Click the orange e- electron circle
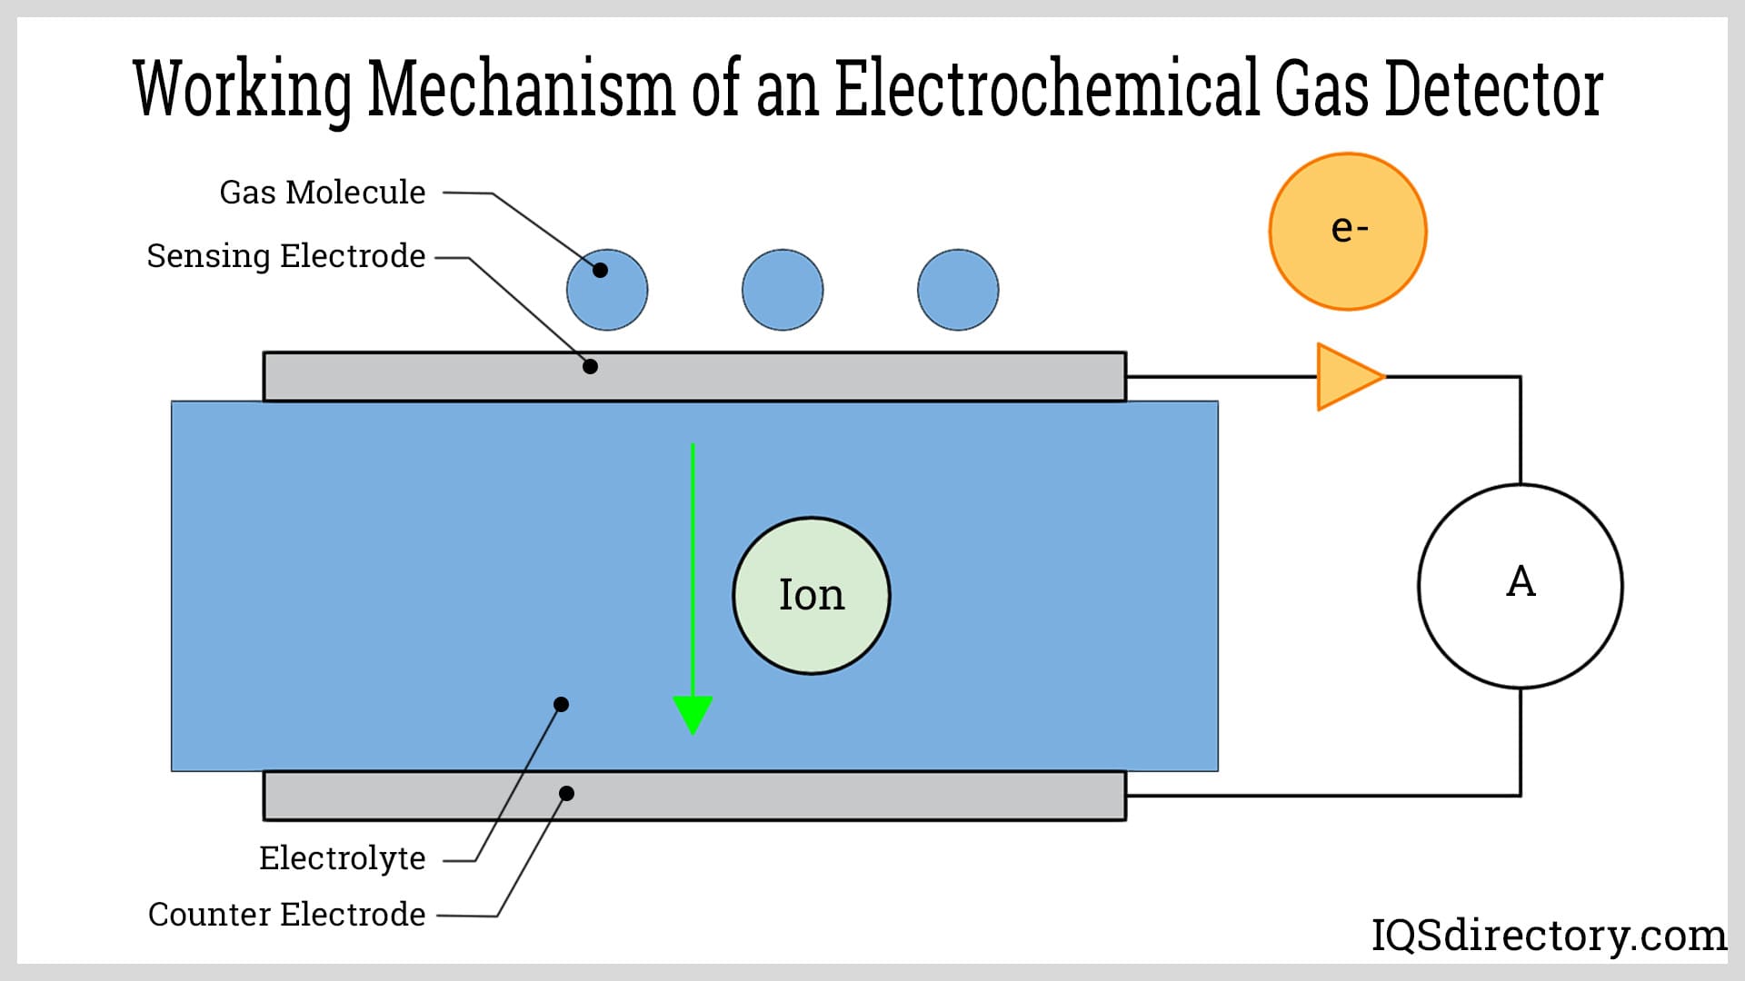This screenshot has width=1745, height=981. point(1348,232)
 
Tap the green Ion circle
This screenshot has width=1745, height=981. point(812,596)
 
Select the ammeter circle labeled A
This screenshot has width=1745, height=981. point(1521,586)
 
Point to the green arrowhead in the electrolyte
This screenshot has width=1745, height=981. point(693,714)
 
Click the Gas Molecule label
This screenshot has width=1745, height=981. point(323,193)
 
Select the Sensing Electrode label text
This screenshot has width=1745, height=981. point(286,256)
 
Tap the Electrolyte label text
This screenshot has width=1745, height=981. point(343,858)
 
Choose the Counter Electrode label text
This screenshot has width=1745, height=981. point(287,915)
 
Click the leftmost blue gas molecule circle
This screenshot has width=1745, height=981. point(607,290)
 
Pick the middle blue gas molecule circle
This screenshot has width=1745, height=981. point(783,290)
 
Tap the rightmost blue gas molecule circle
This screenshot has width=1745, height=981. point(958,290)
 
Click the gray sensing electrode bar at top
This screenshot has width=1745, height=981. point(818,377)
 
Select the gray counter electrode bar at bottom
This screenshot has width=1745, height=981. point(818,796)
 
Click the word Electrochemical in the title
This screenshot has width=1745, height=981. point(1047,88)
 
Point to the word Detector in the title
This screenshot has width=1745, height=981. point(1493,88)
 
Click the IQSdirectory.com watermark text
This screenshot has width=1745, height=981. point(1549,936)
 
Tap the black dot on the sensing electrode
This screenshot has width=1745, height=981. point(590,367)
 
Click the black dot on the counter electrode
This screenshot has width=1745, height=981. point(566,794)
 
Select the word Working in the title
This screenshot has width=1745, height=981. point(243,90)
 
